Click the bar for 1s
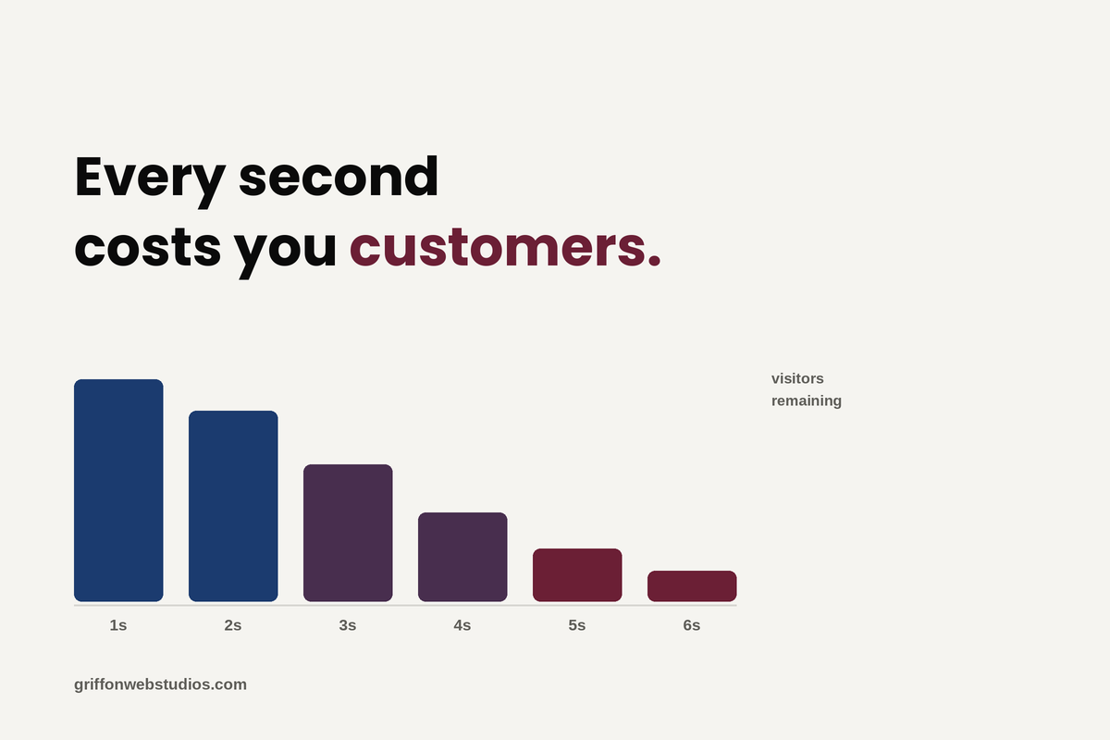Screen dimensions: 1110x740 pyautogui.click(x=118, y=490)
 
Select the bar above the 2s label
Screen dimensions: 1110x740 pyautogui.click(x=233, y=506)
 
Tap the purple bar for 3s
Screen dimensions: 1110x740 pyautogui.click(x=348, y=533)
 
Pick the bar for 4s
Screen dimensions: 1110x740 pyautogui.click(x=462, y=557)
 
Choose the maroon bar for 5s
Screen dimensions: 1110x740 pyautogui.click(x=577, y=575)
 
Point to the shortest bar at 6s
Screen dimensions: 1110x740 pyautogui.click(x=692, y=586)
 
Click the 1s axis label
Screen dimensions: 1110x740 pyautogui.click(x=118, y=625)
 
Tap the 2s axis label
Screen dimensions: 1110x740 pyautogui.click(x=233, y=625)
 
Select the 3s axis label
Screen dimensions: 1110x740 pyautogui.click(x=348, y=625)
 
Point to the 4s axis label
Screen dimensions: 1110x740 pyautogui.click(x=462, y=625)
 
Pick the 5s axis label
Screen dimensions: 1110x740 pyautogui.click(x=577, y=625)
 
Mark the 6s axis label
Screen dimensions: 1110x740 pyautogui.click(x=692, y=625)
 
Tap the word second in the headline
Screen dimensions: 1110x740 pyautogui.click(x=339, y=176)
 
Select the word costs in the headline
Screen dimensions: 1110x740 pyautogui.click(x=148, y=247)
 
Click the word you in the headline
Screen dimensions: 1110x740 pyautogui.click(x=286, y=253)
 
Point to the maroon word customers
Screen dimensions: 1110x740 pyautogui.click(x=505, y=247)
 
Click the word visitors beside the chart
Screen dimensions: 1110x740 pyautogui.click(x=797, y=378)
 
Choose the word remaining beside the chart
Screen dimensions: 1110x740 pyautogui.click(x=807, y=401)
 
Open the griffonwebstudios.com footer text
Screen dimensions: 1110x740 pyautogui.click(x=160, y=684)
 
